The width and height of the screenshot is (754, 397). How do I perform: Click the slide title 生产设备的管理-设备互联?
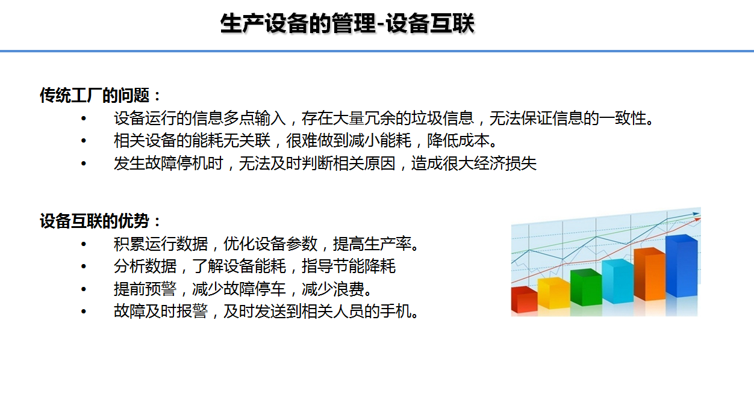[x=347, y=23]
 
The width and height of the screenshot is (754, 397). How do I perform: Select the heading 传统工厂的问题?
[x=95, y=95]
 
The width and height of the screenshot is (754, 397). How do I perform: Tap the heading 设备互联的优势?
[x=95, y=221]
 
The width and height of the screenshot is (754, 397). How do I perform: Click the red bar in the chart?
[x=524, y=299]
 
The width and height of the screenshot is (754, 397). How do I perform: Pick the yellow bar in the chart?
[x=553, y=293]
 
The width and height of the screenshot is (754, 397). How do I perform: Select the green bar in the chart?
[x=586, y=287]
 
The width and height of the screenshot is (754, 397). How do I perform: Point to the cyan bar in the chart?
[x=618, y=281]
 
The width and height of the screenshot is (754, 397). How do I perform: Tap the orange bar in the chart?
[x=650, y=274]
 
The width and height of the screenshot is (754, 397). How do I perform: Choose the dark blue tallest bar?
[x=682, y=265]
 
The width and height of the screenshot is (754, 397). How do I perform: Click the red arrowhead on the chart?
[x=697, y=220]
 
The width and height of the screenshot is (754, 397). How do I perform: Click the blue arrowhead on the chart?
[x=696, y=214]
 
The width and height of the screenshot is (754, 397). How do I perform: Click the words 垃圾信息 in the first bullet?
[x=443, y=118]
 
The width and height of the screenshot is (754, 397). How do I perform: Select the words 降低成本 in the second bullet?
[x=458, y=141]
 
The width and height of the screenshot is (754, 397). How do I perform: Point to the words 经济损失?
[x=505, y=164]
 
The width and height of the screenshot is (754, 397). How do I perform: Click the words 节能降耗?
[x=364, y=266]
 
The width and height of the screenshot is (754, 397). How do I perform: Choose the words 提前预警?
[x=145, y=289]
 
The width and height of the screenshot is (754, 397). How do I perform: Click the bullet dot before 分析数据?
[x=84, y=266]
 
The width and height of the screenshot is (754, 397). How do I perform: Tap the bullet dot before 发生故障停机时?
[x=84, y=164]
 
